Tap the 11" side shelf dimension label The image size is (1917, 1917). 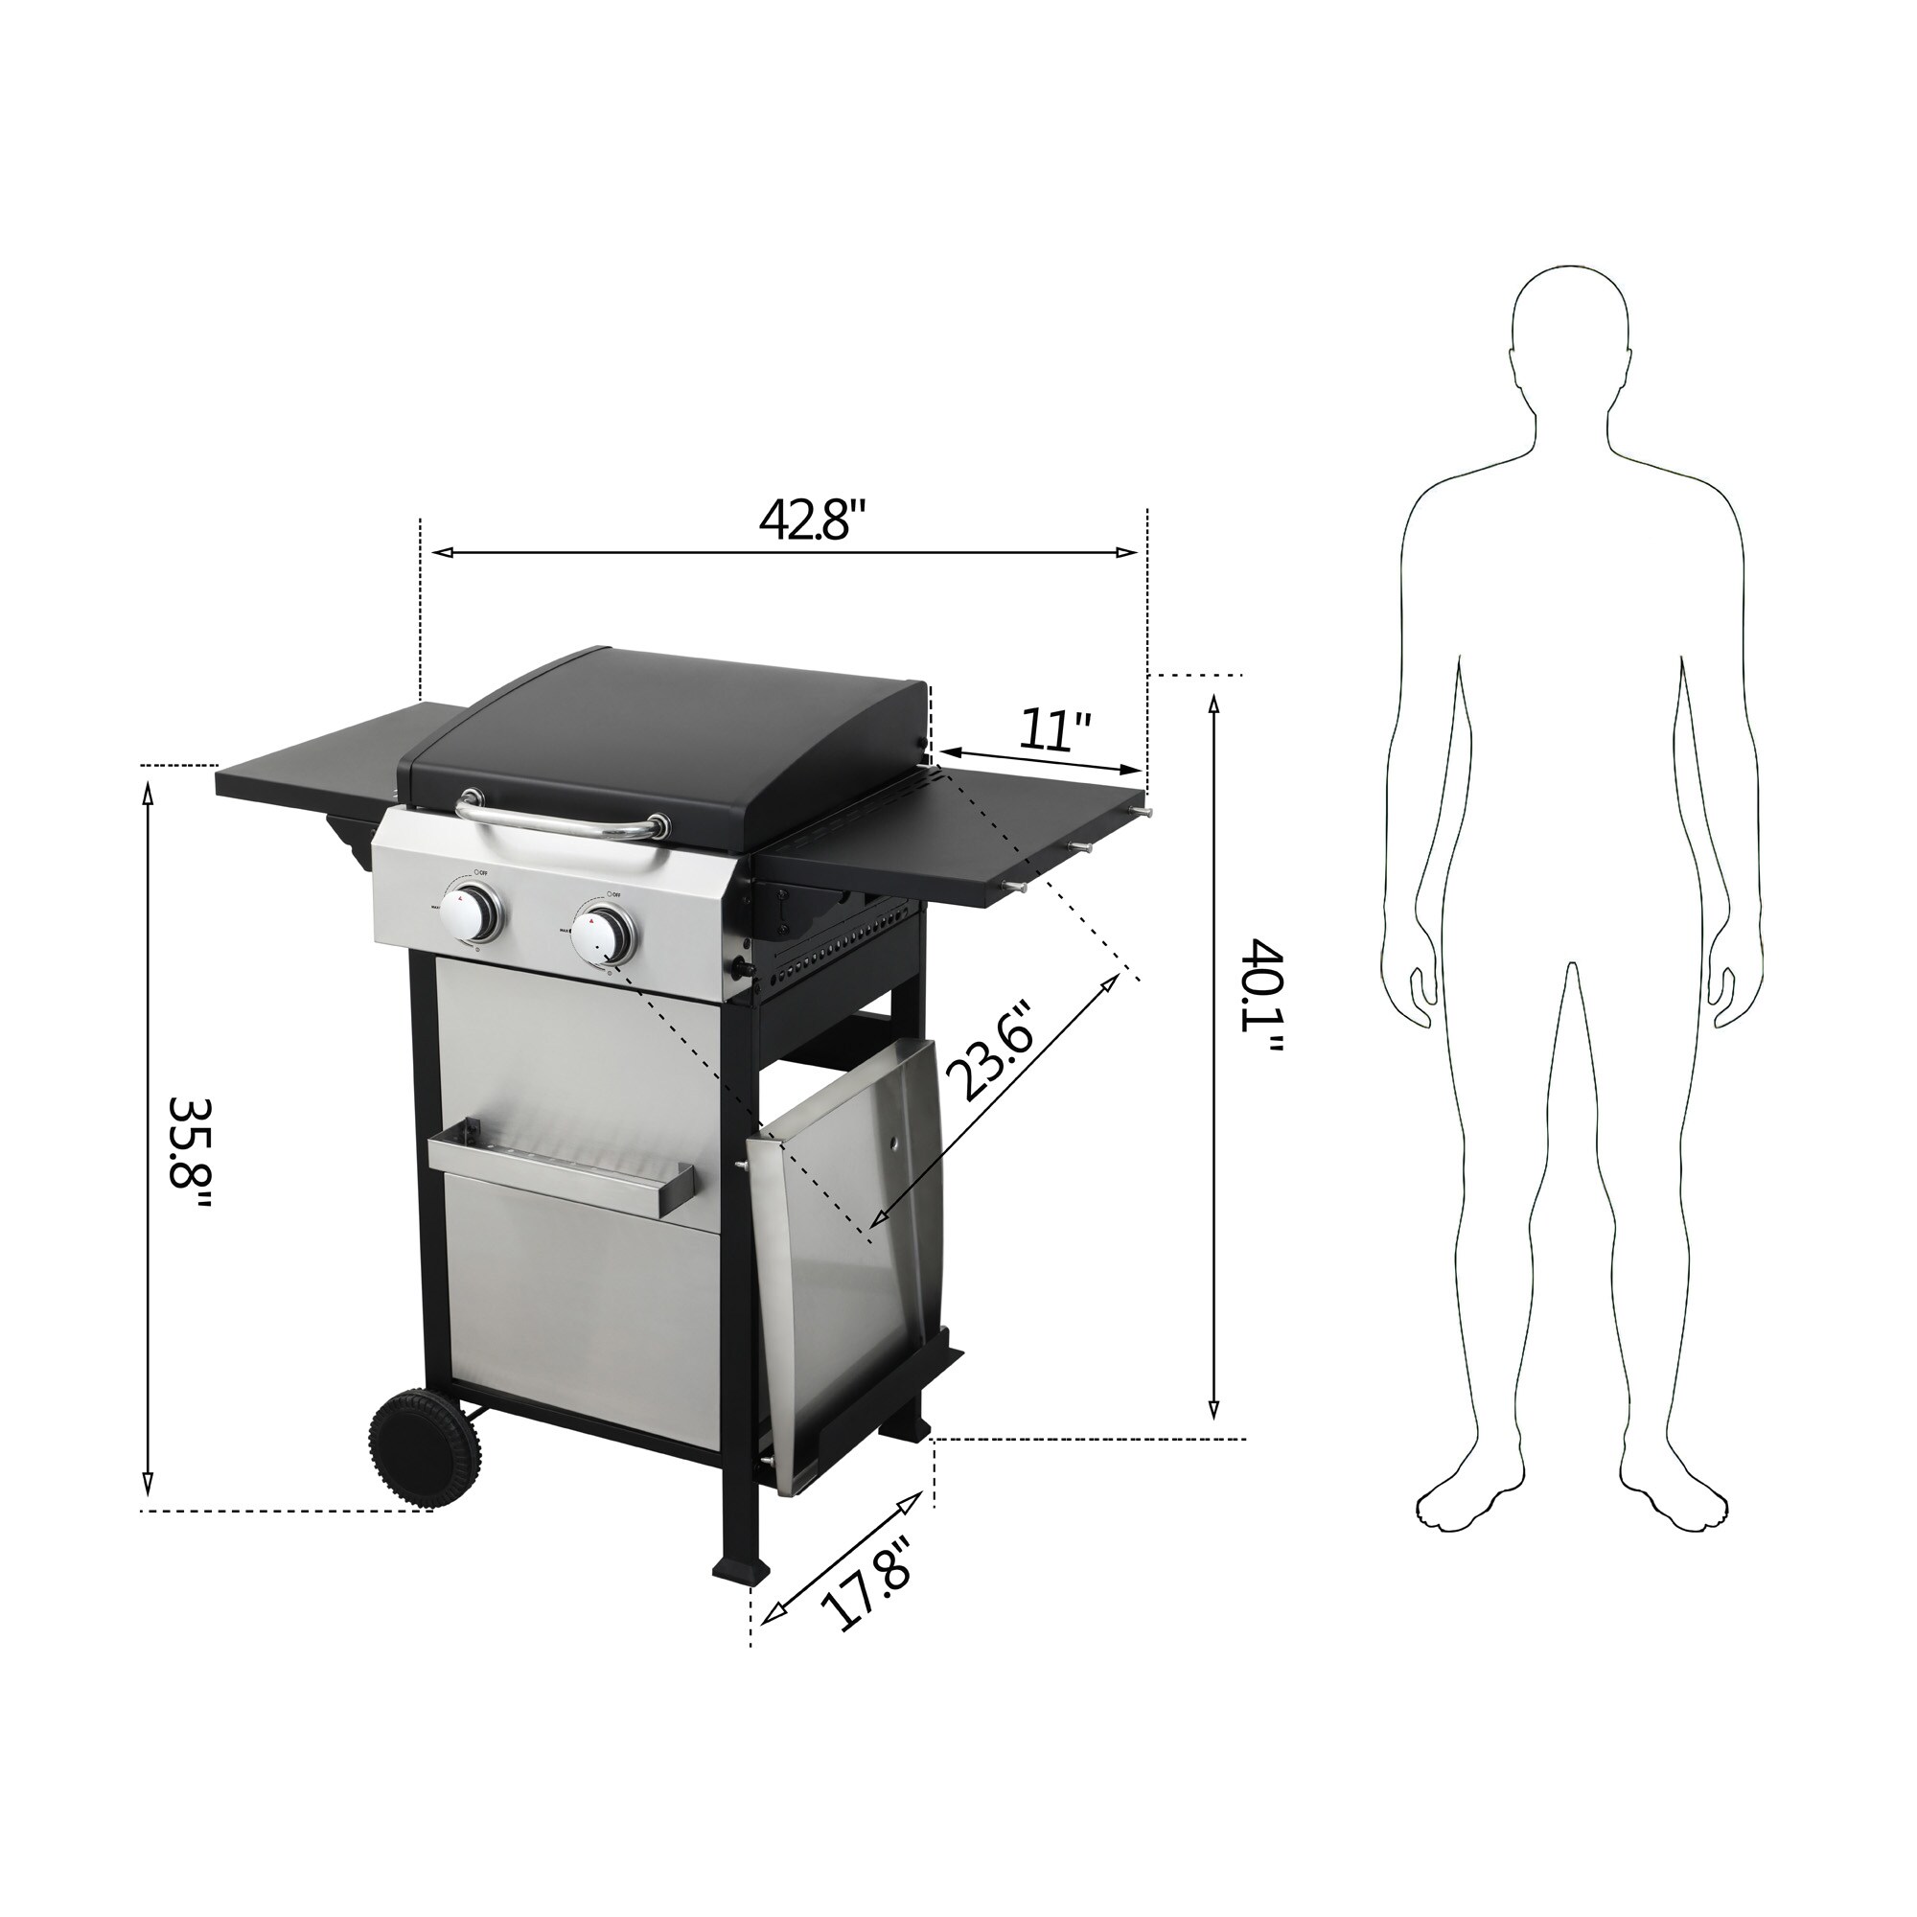click(x=1054, y=731)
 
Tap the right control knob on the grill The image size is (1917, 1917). click(x=604, y=935)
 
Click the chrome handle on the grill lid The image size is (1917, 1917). click(x=561, y=820)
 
